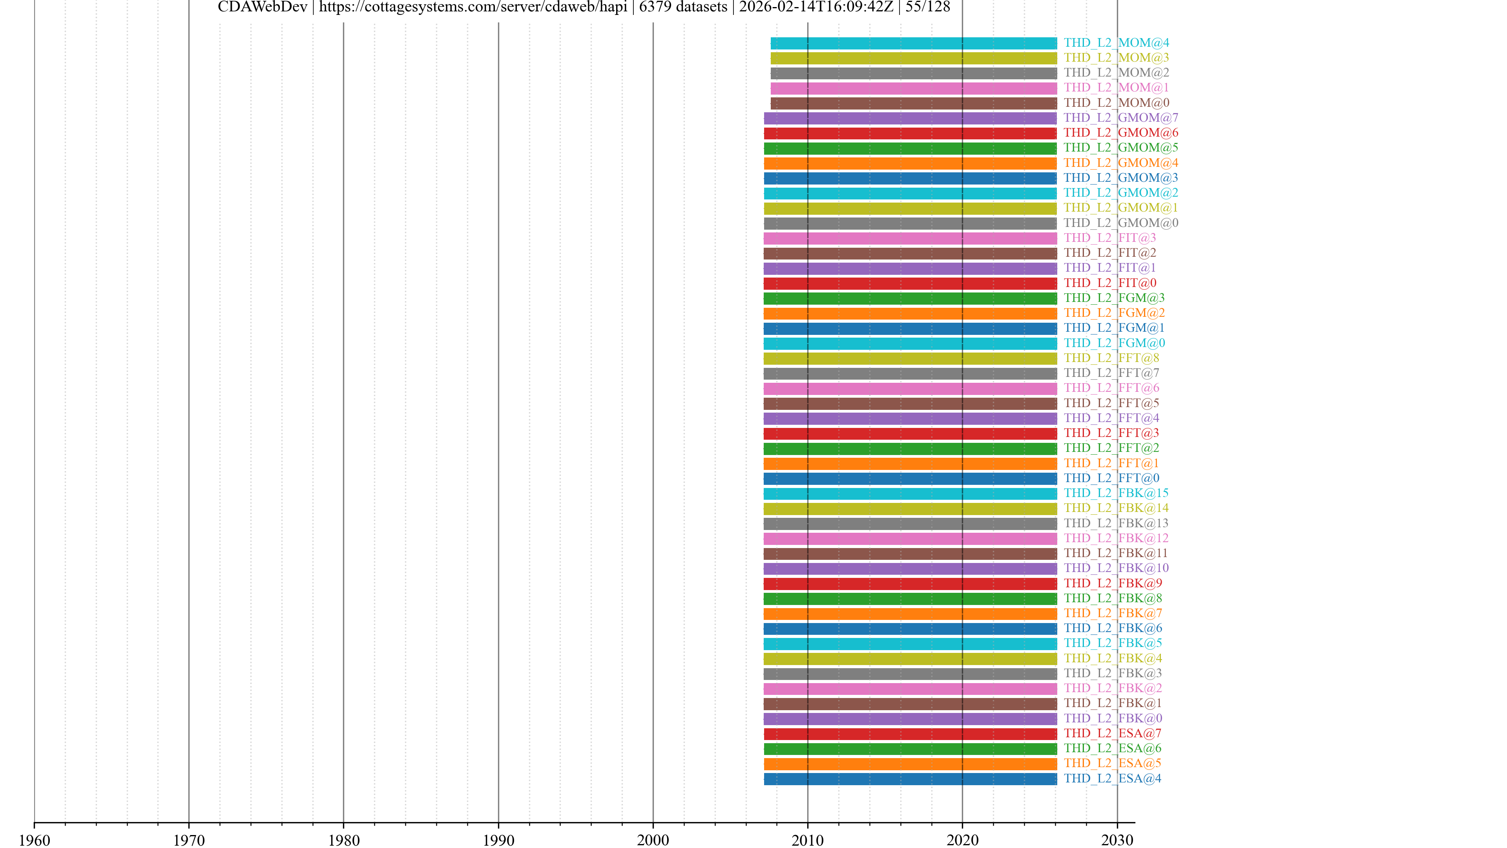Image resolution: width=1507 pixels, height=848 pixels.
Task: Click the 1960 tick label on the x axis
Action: [35, 840]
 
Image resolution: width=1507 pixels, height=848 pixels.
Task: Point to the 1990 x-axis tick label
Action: [498, 840]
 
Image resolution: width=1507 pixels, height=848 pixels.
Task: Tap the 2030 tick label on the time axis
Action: [1117, 840]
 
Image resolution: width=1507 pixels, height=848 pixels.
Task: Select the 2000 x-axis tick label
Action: [653, 840]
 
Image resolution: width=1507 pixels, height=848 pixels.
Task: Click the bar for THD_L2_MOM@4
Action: [913, 43]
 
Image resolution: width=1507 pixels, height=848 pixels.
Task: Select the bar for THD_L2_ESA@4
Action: [910, 779]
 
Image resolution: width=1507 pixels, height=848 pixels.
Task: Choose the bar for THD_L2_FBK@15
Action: [910, 494]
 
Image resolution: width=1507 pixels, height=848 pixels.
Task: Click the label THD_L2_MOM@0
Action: [1116, 103]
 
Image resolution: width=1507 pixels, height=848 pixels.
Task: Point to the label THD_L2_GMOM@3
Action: [1120, 178]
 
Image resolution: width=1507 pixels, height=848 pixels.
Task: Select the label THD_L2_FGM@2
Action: [1114, 313]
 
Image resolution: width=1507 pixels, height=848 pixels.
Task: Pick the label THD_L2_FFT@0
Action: [1111, 478]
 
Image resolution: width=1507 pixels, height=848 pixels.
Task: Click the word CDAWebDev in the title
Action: [262, 7]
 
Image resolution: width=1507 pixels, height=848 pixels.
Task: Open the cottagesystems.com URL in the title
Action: [473, 7]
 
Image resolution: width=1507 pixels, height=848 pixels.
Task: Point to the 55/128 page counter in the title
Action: [928, 7]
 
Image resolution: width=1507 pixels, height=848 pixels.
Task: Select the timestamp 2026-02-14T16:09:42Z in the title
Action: [816, 7]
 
